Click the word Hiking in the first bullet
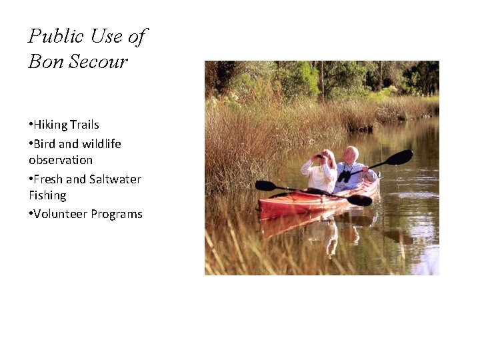click(x=51, y=125)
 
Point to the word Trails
click(x=84, y=125)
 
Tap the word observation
click(x=61, y=160)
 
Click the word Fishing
click(x=47, y=195)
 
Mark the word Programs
click(x=118, y=214)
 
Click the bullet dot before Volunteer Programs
click(x=31, y=214)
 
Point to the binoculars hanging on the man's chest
click(x=344, y=176)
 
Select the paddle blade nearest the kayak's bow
click(x=265, y=185)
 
